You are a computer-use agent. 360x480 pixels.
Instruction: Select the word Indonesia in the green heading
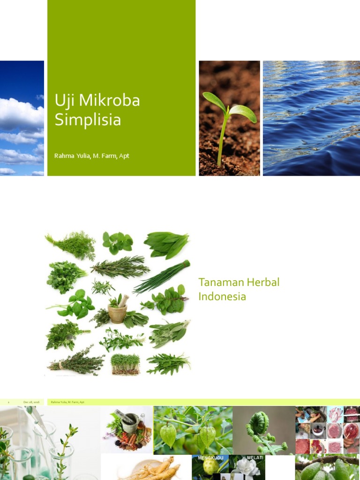coord(222,297)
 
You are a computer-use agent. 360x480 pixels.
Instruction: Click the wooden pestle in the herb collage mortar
coord(123,300)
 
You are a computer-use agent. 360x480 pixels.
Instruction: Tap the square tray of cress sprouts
coord(126,364)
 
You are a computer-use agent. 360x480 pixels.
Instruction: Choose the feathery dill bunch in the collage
coord(71,244)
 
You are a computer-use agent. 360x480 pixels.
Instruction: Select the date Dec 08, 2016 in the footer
coord(31,402)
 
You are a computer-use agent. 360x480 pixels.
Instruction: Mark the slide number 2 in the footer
coord(8,402)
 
